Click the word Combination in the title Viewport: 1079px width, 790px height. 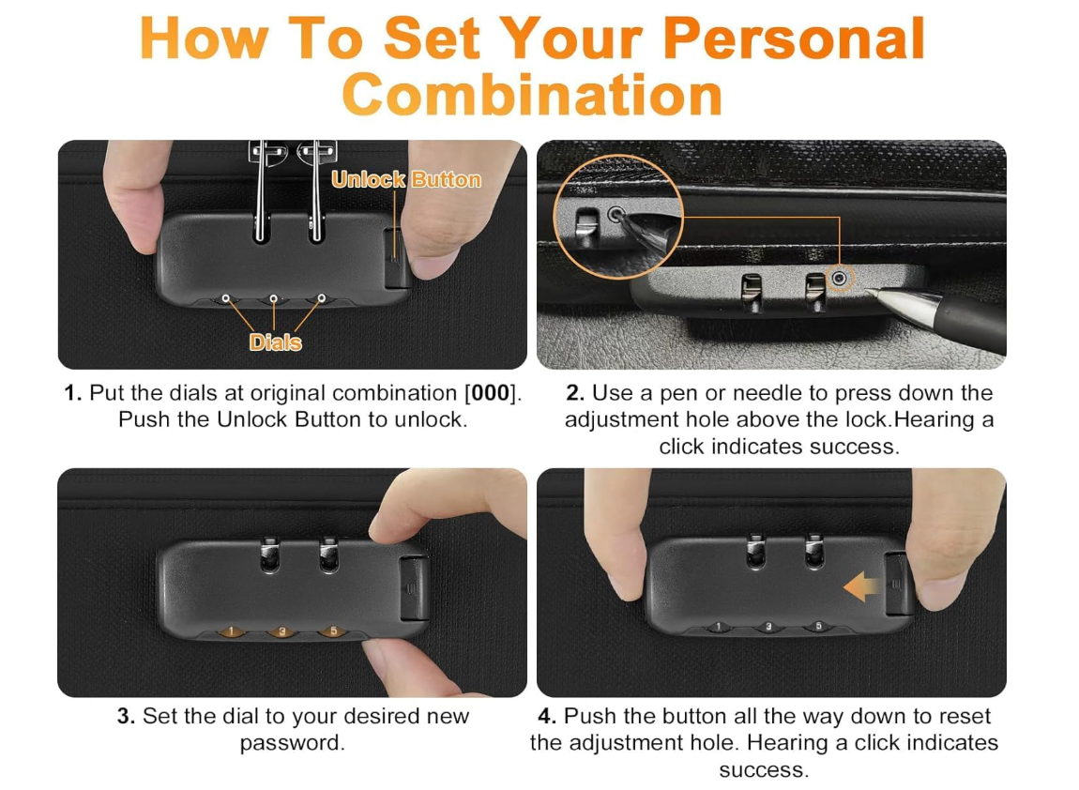click(533, 95)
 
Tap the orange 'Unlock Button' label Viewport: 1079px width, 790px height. click(406, 179)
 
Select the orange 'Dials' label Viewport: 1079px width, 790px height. click(275, 342)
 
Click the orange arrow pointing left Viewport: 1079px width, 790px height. click(861, 587)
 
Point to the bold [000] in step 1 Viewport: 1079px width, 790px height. click(490, 393)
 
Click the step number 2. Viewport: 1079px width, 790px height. click(575, 393)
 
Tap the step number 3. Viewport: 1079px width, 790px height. click(126, 717)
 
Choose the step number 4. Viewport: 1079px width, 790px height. click(547, 717)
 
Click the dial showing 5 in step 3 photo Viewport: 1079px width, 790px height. click(334, 631)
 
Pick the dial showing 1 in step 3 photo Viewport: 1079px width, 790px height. click(232, 631)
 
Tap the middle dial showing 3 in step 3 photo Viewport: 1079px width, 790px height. click(282, 631)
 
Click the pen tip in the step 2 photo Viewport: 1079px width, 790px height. click(869, 292)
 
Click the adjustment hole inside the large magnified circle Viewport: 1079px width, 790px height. click(615, 214)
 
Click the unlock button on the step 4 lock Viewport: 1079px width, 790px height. click(897, 583)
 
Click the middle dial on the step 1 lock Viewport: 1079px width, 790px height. click(274, 299)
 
